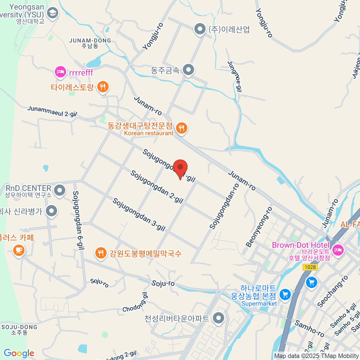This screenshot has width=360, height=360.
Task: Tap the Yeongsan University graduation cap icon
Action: point(53,13)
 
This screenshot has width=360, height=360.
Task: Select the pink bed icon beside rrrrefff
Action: point(61,72)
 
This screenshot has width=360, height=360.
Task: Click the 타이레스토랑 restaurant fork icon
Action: point(103,87)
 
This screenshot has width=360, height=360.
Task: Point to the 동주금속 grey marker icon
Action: point(188,70)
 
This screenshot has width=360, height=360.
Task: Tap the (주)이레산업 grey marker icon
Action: point(199,29)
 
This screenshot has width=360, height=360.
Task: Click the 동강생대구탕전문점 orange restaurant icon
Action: point(181,128)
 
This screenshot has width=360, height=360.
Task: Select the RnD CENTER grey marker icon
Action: point(60,190)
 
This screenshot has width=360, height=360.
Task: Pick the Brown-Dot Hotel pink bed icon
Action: point(338,249)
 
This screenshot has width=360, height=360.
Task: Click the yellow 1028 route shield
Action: point(310,267)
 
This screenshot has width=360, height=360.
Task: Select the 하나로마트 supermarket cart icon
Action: point(285,295)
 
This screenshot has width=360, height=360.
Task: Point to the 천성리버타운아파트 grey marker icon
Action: point(218,318)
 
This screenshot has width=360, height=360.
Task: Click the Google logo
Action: point(19,353)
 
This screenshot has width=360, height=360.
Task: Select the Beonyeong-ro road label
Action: point(259,227)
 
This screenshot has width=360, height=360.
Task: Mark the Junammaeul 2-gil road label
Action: point(52,111)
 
